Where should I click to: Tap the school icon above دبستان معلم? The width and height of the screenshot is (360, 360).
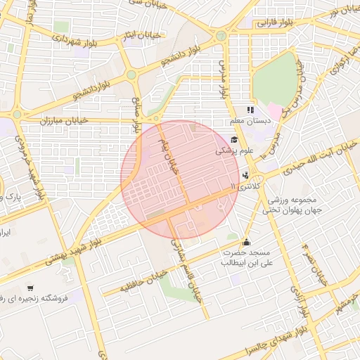[250, 110]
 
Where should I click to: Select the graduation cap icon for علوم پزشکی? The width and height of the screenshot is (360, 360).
[233, 140]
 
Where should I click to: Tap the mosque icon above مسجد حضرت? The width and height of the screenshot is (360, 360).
[245, 241]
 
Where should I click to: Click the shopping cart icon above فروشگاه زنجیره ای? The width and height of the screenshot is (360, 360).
[30, 288]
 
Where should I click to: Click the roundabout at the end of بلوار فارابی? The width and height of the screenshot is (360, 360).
[221, 35]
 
